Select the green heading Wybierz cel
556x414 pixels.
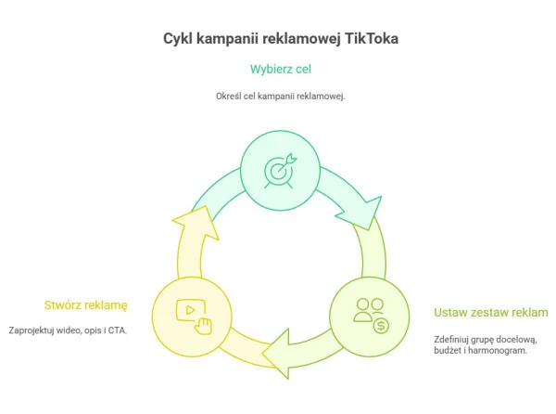[x=279, y=69]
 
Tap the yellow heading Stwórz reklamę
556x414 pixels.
[x=85, y=304]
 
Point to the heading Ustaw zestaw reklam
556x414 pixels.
[x=491, y=312]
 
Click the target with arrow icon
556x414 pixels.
[x=279, y=170]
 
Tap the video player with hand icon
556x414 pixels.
[x=194, y=313]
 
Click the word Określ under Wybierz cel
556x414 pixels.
[x=229, y=97]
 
